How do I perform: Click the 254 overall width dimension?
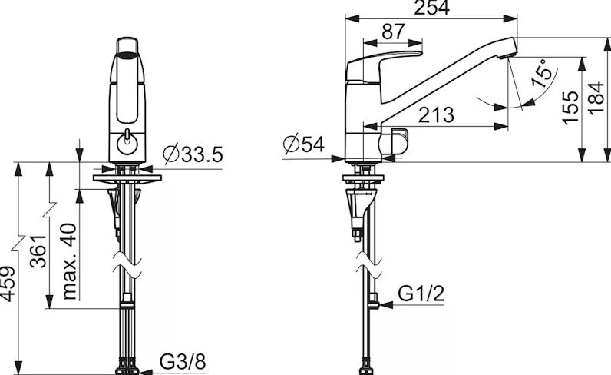point(431,8)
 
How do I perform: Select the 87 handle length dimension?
point(393,32)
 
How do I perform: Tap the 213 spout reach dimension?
point(437,114)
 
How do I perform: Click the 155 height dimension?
point(571,108)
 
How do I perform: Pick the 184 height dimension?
point(596,98)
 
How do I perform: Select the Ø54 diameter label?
point(303,144)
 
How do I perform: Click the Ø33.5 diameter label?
point(193,154)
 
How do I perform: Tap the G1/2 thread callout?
point(421,294)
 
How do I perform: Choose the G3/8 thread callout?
point(183,362)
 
